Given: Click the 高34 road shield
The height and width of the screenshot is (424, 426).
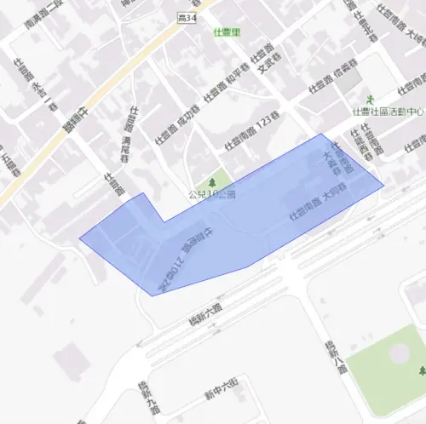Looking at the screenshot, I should click(x=187, y=17).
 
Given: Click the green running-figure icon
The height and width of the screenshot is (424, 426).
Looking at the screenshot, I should click(x=370, y=100).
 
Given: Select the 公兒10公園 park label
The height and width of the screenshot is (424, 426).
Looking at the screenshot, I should click(x=212, y=194).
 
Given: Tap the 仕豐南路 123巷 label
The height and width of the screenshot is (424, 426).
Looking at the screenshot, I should click(x=254, y=134).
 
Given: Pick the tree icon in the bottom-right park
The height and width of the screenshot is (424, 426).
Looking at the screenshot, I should click(x=423, y=371).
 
